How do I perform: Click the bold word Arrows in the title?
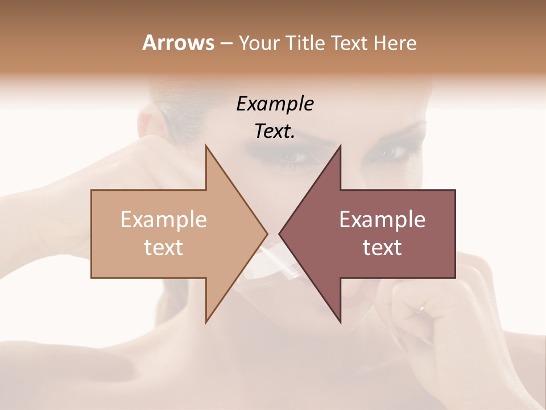click(x=177, y=43)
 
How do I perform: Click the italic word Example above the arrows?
click(x=275, y=104)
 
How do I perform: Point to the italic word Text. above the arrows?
click(x=275, y=132)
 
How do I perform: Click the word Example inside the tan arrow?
click(x=164, y=220)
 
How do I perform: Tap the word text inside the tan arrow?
click(x=164, y=248)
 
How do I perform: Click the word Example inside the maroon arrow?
click(x=382, y=220)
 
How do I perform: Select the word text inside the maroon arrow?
click(x=382, y=248)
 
